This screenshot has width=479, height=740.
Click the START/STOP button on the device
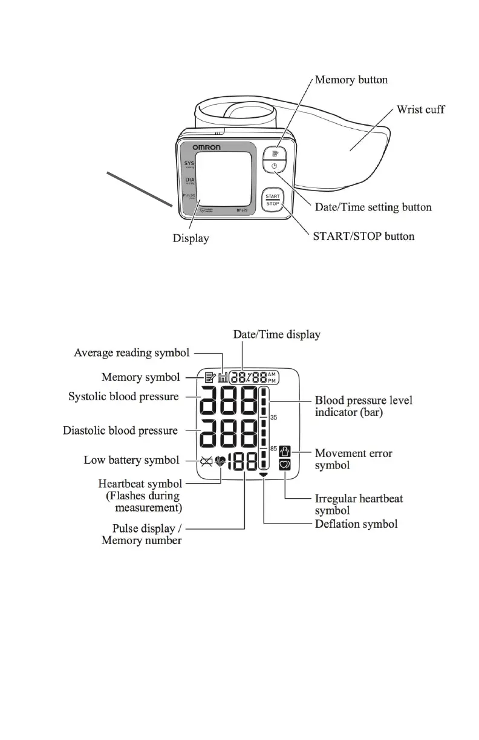point(272,200)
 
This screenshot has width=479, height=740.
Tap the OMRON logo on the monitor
point(206,148)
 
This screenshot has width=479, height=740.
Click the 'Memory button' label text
point(351,80)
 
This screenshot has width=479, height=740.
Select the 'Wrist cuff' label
point(420,110)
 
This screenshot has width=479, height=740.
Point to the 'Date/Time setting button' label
point(373,207)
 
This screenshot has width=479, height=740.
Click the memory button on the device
point(274,155)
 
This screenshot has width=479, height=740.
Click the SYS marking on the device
point(189,163)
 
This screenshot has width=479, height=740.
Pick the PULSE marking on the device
point(189,195)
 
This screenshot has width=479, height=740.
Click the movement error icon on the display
point(285,451)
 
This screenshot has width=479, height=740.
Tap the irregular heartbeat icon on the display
point(285,465)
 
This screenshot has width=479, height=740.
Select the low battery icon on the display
point(206,461)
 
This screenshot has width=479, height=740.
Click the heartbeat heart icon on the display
point(220,461)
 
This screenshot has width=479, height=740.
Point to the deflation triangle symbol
point(264,476)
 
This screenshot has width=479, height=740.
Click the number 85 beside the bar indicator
point(273,449)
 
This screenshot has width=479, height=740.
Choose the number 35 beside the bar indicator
point(273,417)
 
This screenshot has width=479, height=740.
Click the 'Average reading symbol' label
point(131,352)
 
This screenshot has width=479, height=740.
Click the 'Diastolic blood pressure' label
point(120,431)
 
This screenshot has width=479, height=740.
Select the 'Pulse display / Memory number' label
point(142,534)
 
